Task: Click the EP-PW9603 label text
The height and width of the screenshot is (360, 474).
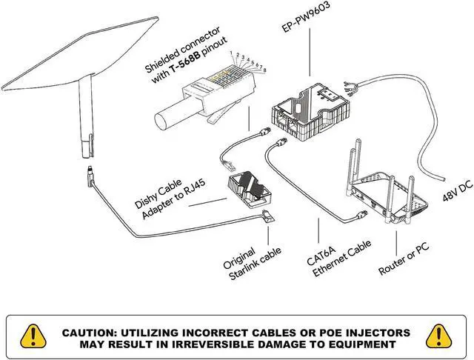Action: tap(305, 17)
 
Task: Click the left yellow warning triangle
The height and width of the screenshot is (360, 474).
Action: tap(33, 336)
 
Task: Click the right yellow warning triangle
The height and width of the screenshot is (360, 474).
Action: tap(439, 336)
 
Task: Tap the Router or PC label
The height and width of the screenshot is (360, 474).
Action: tap(403, 259)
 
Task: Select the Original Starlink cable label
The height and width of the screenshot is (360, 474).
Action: tap(252, 263)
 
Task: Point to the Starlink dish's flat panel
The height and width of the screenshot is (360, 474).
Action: tap(81, 54)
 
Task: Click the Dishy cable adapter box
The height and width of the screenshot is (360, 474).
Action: tap(249, 190)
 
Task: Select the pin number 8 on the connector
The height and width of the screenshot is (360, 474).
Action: tap(265, 70)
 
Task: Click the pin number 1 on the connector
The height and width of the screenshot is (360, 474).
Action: tap(231, 53)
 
